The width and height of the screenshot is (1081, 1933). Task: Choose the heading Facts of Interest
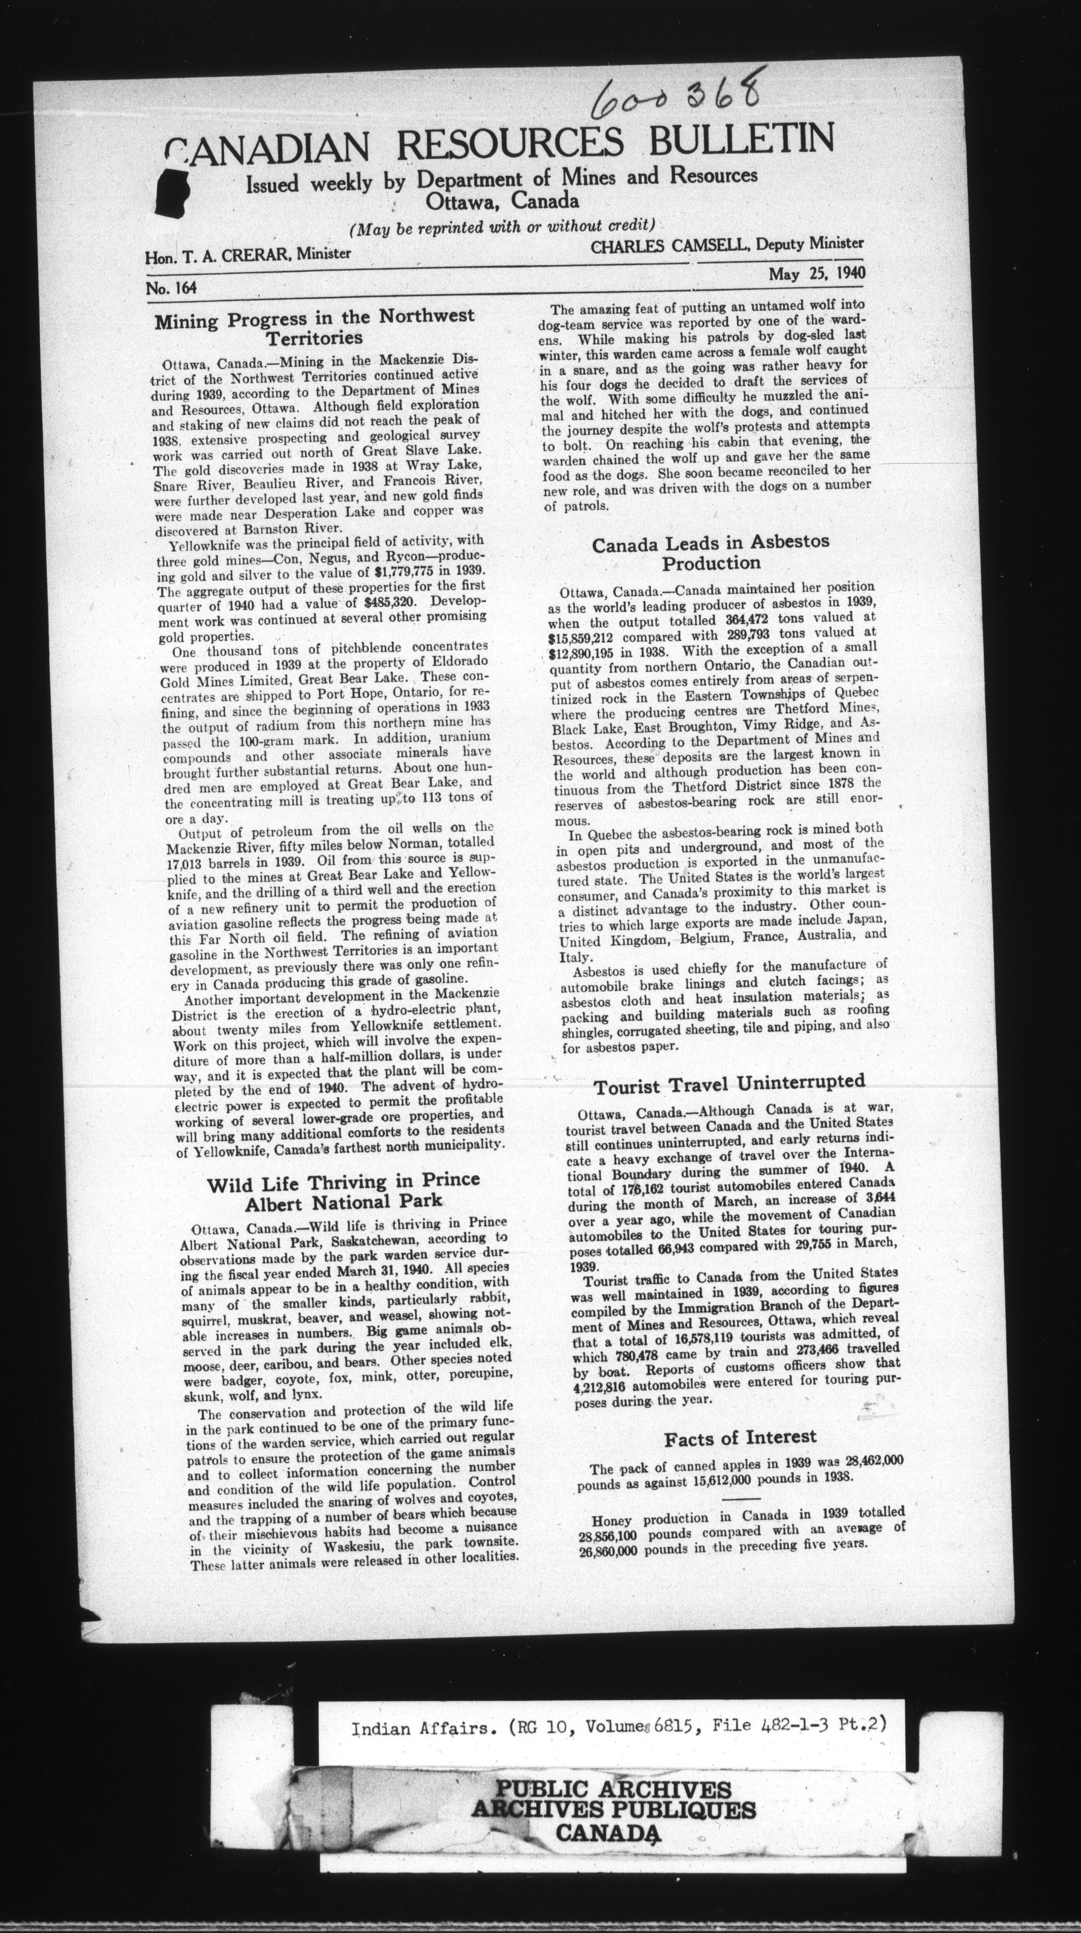point(739,1436)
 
